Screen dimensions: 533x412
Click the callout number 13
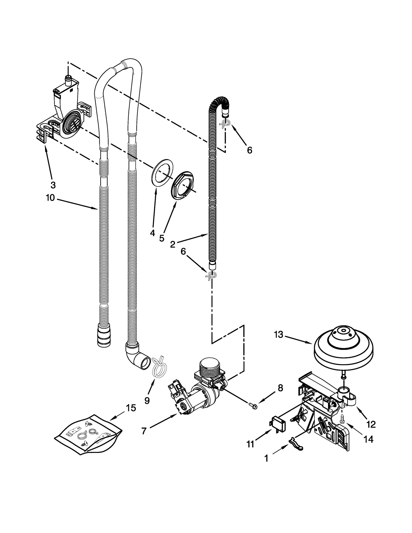tap(278, 335)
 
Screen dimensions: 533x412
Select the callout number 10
tap(50, 198)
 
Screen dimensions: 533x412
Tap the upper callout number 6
tap(250, 150)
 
